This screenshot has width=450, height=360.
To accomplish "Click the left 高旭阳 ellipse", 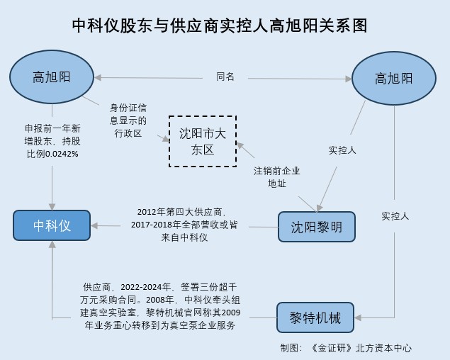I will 52,76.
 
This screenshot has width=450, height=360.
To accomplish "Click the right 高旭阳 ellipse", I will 393,78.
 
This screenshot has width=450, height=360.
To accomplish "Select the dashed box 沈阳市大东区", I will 202,141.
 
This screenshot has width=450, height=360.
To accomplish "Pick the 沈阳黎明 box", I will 316,227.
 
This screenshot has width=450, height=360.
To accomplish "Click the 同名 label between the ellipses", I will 225,77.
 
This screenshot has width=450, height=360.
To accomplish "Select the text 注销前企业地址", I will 277,177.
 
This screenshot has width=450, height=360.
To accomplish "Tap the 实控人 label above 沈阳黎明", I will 342,150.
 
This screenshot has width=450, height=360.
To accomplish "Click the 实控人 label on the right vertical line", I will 395,215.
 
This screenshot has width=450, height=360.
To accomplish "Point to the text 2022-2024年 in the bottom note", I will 147,287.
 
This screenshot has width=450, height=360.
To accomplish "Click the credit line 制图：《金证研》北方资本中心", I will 346,348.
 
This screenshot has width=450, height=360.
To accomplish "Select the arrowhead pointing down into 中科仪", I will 52,205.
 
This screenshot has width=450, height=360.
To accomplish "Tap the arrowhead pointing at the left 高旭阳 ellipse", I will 99,77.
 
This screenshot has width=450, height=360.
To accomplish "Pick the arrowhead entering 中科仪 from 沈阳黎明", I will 97,226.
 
